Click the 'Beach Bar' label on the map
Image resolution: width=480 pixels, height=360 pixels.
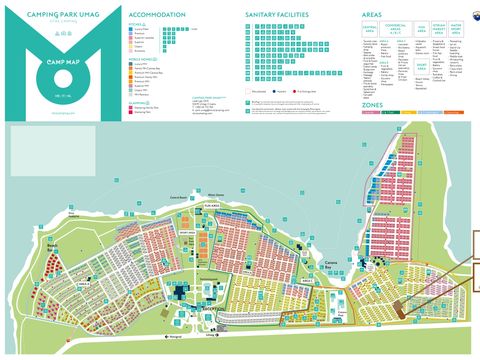[30, 246]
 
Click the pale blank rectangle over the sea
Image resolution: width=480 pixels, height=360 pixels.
[39, 151]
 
